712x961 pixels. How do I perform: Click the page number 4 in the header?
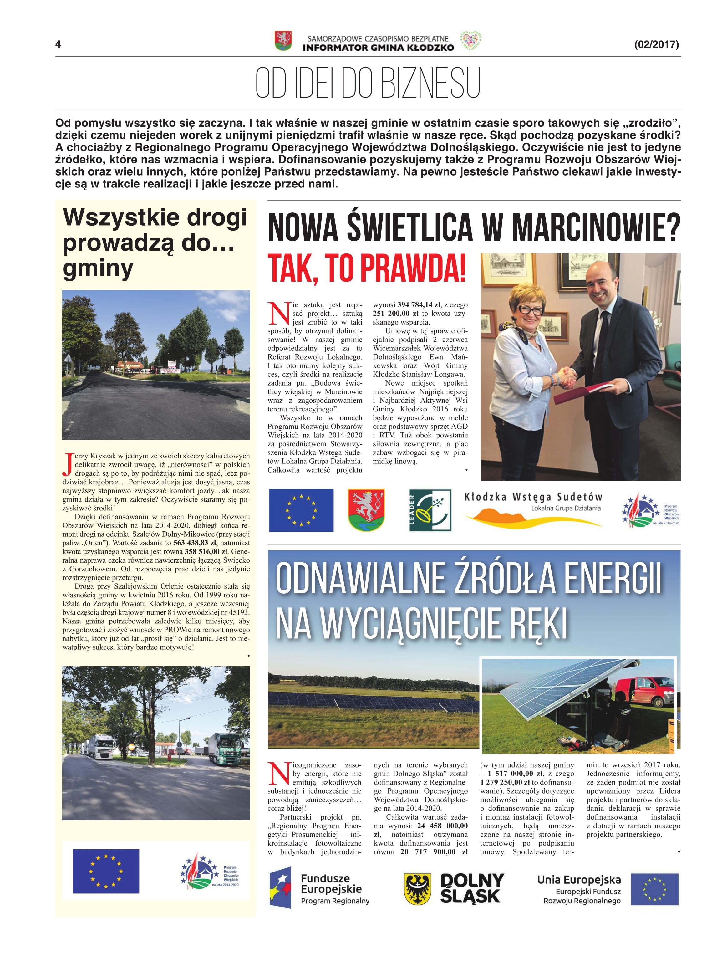click(58, 44)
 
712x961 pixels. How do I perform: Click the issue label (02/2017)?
click(656, 44)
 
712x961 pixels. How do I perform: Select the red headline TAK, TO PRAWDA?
click(367, 268)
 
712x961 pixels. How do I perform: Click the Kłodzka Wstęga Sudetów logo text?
click(533, 497)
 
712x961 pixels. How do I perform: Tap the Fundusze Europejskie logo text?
click(331, 883)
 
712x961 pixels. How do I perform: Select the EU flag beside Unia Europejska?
click(654, 889)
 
